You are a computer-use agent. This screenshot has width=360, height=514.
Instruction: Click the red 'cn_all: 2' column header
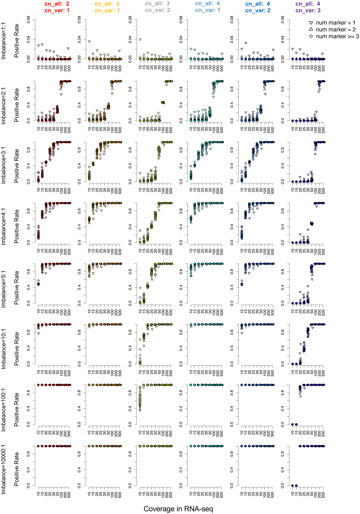point(57,4)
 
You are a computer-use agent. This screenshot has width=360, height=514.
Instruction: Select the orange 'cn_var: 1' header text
point(107,11)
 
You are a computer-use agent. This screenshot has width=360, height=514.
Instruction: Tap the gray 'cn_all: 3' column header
point(157,4)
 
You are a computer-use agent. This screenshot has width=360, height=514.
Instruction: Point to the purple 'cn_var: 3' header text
point(308,11)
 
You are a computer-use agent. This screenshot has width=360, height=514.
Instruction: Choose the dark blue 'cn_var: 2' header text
point(258,11)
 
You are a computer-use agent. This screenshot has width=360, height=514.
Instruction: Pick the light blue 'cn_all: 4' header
point(207,4)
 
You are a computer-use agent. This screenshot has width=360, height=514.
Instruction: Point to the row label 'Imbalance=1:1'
point(4,41)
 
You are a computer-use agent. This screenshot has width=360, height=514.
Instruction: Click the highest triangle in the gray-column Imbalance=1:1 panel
point(140,40)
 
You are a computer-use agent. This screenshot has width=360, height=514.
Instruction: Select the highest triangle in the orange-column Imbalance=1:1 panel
point(89,42)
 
